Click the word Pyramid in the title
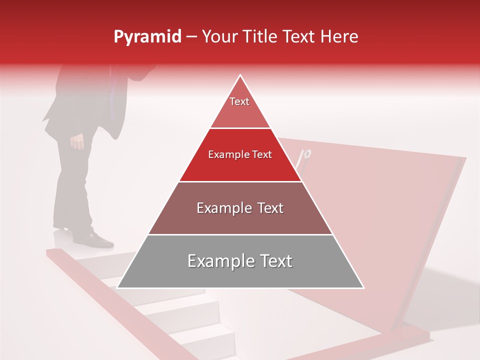pos(147,37)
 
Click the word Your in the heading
pos(219,36)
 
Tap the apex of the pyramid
pos(240,76)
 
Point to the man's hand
pos(77,142)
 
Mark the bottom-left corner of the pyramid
pos(117,287)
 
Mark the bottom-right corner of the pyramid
pos(363,287)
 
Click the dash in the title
pos(191,37)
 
